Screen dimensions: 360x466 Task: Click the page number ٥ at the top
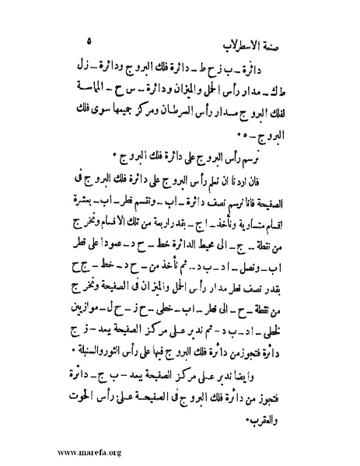coord(90,37)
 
